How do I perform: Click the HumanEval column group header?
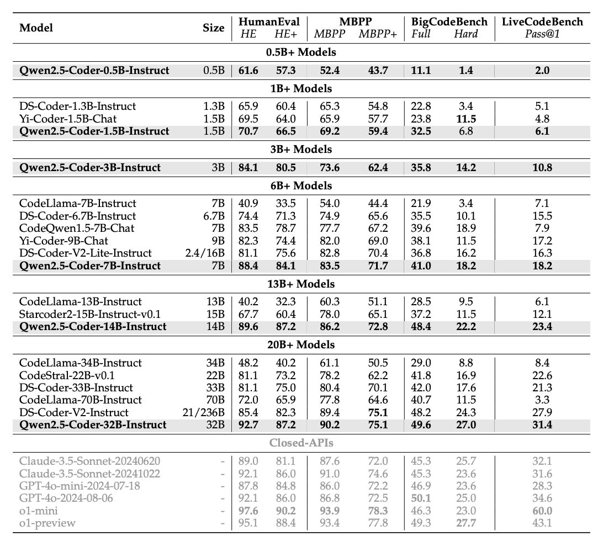269,22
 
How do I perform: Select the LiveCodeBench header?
542,22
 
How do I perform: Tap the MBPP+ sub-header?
378,34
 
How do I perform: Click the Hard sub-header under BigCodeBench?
466,34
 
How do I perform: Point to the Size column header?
214,28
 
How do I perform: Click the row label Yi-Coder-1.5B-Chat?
68,119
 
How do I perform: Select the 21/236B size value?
204,412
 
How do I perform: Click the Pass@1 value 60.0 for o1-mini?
542,510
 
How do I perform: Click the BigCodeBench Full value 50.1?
421,498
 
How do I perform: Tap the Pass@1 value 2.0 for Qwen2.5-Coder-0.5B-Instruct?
542,70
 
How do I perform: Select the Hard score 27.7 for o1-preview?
466,522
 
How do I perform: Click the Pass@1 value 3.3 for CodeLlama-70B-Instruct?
542,400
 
